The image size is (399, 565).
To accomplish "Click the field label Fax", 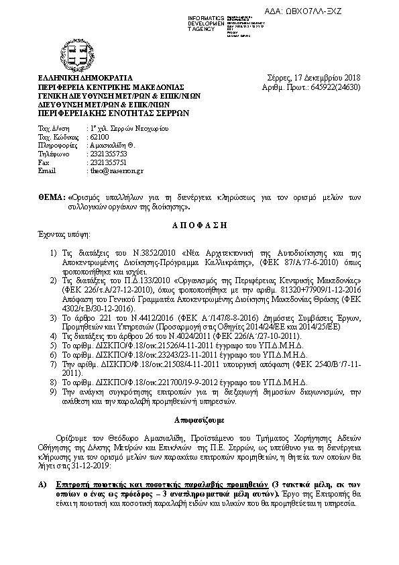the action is tap(44, 162).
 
